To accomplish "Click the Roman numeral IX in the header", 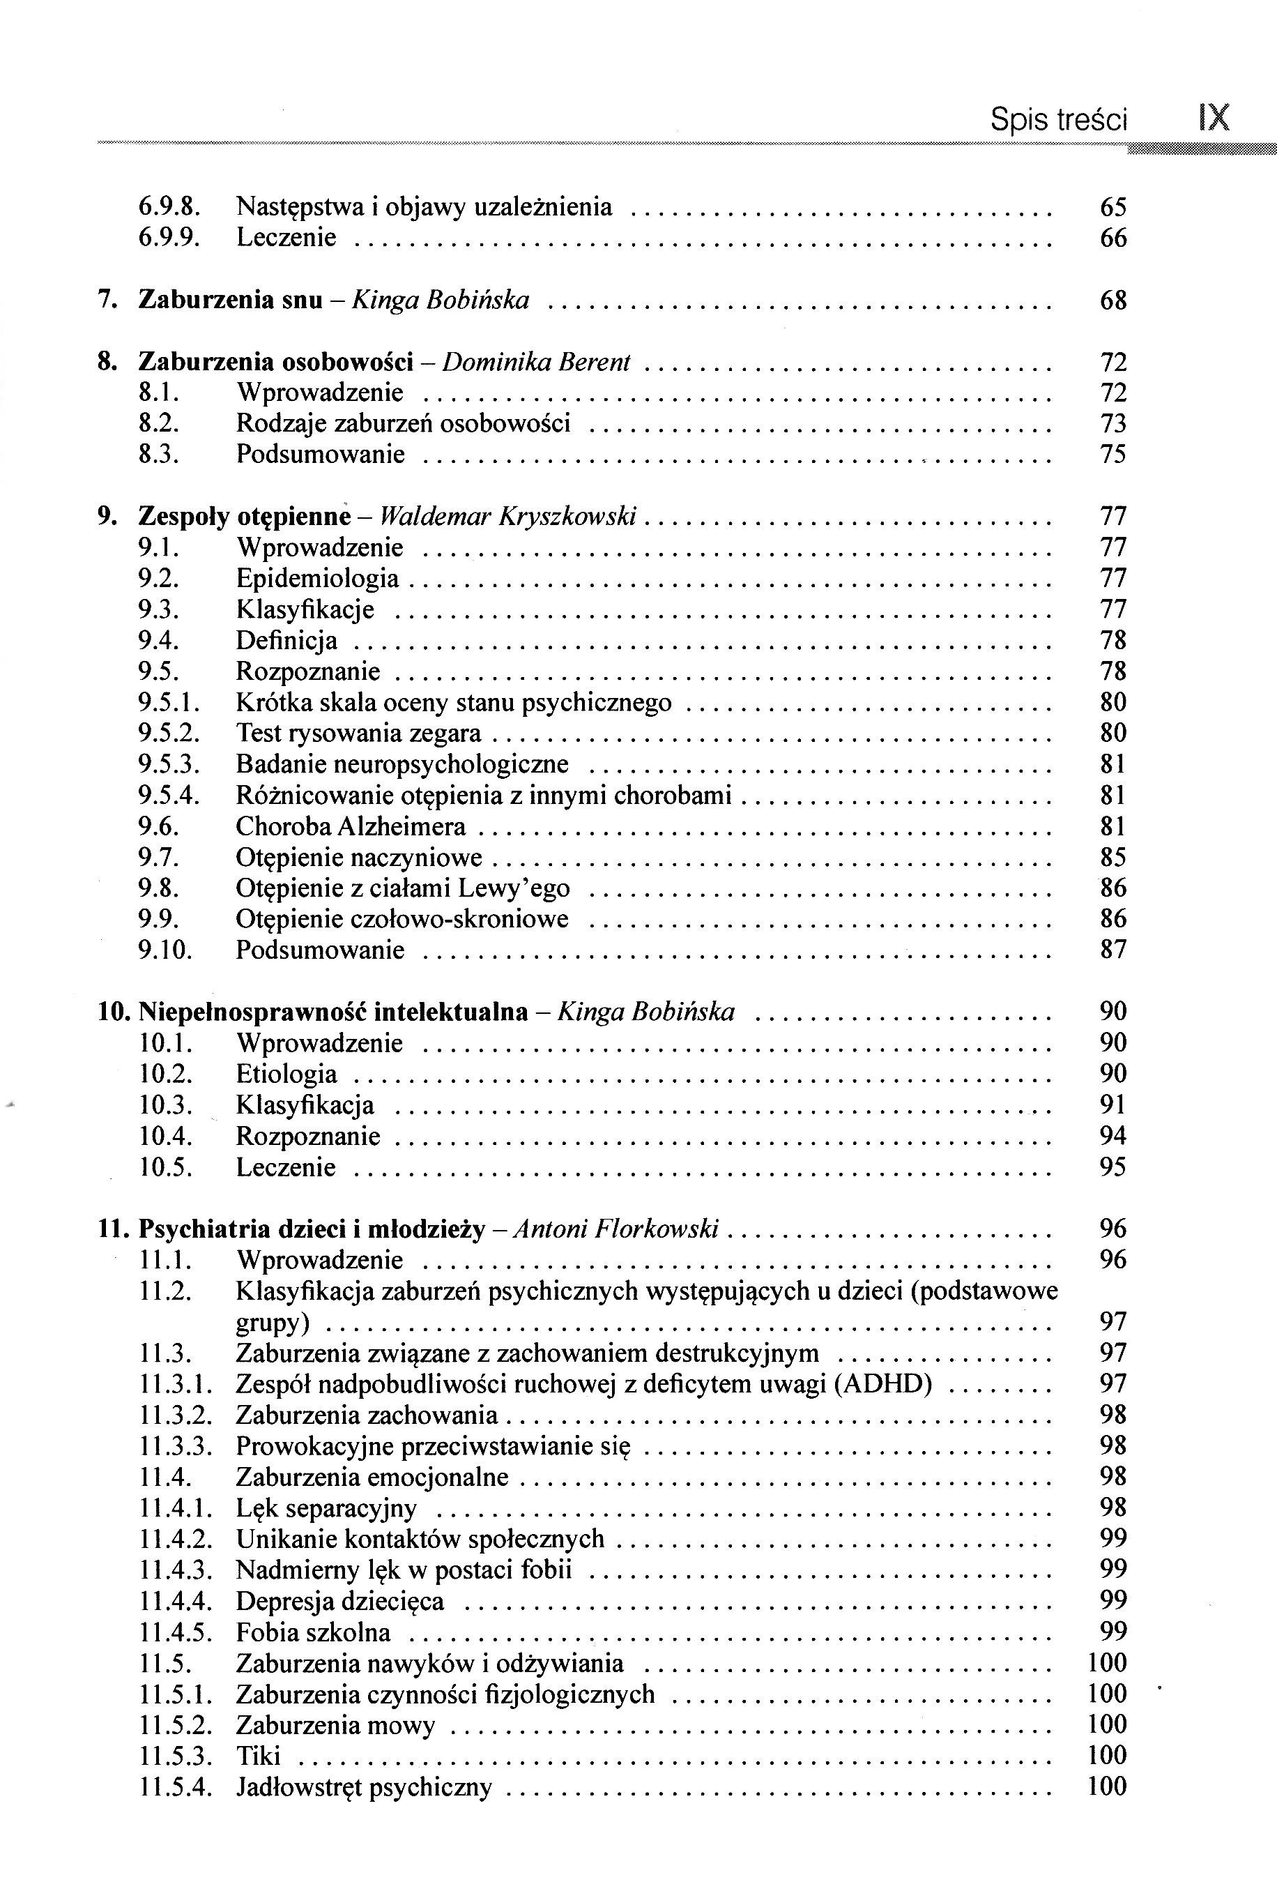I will pos(1214,118).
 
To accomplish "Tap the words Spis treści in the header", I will pos(1059,121).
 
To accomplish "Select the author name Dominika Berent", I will pos(536,363).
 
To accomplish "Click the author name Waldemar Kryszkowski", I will pos(508,517).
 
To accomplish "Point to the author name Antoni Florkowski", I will pos(618,1229).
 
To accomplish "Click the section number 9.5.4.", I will pos(169,795).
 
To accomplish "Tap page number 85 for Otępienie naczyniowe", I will pos(1112,858).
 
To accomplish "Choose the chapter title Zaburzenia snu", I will pos(231,301).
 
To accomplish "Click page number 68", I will pos(1112,301).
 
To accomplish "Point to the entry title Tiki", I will pos(258,1756).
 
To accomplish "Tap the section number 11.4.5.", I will pos(175,1632).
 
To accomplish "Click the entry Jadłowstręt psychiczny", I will pos(364,1787).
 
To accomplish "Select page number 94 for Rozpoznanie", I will pos(1112,1136).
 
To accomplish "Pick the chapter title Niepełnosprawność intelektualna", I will pos(333,1012).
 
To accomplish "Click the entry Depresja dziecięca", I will pos(339,1602).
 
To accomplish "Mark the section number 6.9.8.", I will pos(169,208).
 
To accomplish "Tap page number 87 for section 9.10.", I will pos(1112,950).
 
